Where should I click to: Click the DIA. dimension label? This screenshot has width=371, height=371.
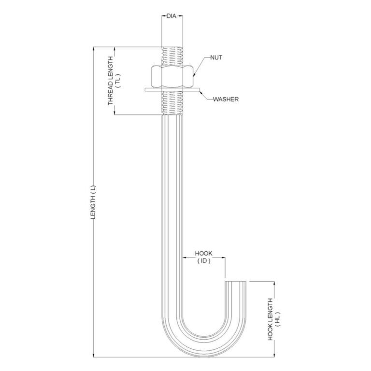point(172,16)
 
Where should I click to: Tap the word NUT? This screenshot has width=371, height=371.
point(216,57)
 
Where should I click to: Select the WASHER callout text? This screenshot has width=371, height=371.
point(226,99)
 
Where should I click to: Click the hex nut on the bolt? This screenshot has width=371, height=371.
point(172,76)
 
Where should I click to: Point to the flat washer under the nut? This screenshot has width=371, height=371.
point(172,90)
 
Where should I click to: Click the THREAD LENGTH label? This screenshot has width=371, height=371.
point(111,81)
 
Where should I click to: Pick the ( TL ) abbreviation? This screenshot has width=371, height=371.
point(118,81)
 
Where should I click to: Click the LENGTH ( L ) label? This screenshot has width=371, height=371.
point(93,202)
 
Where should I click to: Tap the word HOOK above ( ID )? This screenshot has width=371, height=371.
point(203,254)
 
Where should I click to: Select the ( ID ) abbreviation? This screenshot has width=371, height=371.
point(204,261)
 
